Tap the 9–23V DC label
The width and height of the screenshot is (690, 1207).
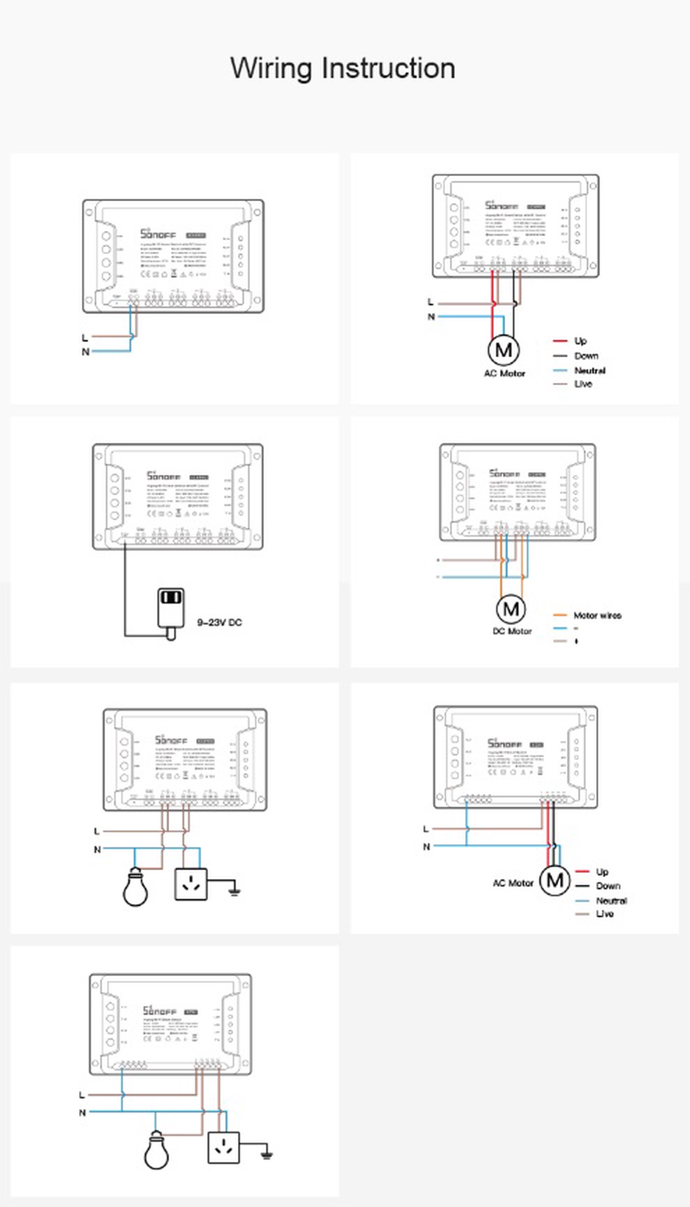coord(219,622)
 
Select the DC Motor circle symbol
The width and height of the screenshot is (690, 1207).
coord(511,609)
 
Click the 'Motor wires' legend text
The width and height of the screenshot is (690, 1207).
coord(597,615)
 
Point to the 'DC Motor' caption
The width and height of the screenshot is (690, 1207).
coord(512,632)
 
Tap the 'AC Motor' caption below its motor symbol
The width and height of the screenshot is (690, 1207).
coord(504,374)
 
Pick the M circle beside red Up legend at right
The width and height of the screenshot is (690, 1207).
coord(555,881)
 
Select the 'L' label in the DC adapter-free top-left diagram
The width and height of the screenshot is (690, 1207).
coord(85,338)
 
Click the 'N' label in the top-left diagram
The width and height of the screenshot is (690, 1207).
coord(85,352)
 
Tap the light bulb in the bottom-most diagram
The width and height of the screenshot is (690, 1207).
coord(156,1151)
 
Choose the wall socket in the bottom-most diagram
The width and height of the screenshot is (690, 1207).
coord(224,1147)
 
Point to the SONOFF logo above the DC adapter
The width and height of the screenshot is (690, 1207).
coord(164,476)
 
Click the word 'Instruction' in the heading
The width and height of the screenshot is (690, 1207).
coord(388,68)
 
